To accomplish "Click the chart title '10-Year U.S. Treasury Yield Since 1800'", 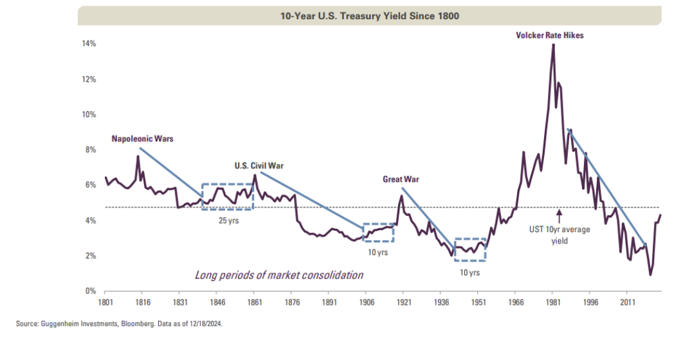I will click(x=369, y=16).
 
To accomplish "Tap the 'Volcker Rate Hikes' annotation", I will click(x=550, y=35).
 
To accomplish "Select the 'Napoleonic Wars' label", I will click(x=142, y=138).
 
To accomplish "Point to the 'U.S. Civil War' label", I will click(x=259, y=165).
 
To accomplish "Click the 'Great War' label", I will click(x=401, y=179).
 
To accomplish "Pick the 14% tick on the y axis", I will click(x=88, y=44).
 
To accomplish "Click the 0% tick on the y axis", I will click(x=90, y=291).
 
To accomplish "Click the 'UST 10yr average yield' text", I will click(x=560, y=235).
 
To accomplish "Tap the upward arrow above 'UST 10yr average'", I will click(x=560, y=215).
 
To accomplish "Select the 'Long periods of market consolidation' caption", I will click(x=279, y=275).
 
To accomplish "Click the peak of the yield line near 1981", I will click(x=553, y=44).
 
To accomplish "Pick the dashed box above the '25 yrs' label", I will click(x=228, y=197).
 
